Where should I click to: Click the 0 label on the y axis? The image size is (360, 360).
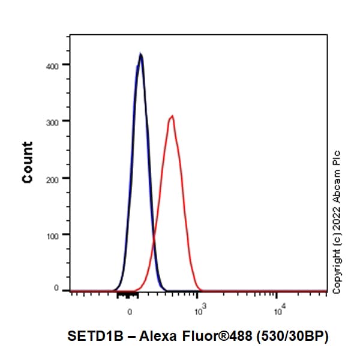coord(56,289)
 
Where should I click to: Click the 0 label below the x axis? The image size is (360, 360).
coord(130,312)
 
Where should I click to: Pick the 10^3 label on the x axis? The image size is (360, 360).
coord(200,311)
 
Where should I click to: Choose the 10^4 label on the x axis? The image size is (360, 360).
coord(278,311)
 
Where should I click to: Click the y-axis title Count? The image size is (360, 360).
coord(28,162)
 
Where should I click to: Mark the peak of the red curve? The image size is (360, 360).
coord(172,116)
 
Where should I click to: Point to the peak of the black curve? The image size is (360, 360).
coord(140,54)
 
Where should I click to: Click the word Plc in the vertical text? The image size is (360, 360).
coord(337,158)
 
